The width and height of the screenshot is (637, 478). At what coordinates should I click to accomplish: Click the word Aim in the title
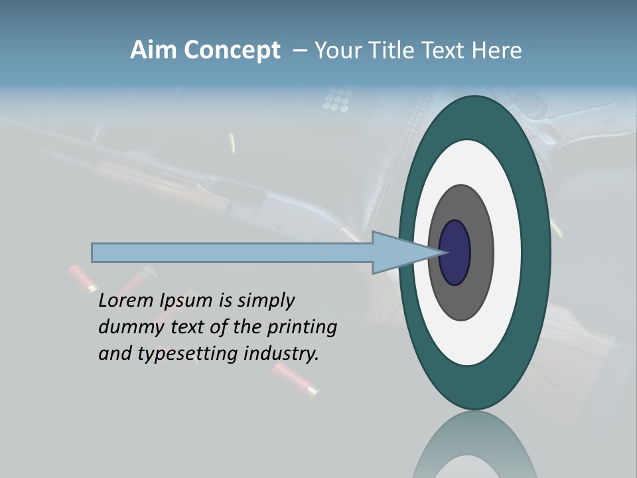(x=151, y=50)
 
